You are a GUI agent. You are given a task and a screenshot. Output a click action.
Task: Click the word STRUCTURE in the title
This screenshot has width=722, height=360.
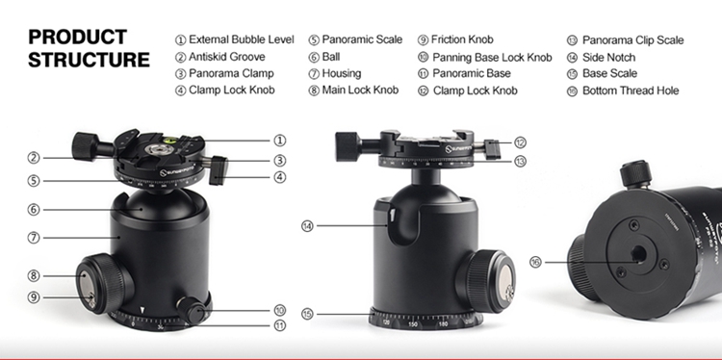89,60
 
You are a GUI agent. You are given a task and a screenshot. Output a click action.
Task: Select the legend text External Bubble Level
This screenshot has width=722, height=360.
242,39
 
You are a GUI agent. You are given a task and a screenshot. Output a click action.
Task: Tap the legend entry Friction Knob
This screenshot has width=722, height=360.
462,39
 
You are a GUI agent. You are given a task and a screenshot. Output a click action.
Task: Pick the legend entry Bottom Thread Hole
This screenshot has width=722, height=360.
631,90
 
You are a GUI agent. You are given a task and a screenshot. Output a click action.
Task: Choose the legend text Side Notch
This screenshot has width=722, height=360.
608,58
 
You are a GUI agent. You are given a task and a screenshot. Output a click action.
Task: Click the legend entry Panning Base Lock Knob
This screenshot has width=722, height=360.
492,58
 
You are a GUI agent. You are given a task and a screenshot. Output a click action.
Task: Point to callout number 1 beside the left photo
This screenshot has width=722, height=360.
279,141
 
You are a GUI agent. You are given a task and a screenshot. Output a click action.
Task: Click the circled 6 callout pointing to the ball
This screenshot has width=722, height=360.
33,210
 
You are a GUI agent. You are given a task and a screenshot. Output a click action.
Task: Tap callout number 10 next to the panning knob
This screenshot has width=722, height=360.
279,310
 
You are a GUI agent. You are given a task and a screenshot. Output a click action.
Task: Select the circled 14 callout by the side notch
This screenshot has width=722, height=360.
307,226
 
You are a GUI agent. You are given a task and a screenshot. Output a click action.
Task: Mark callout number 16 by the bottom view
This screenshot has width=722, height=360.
535,263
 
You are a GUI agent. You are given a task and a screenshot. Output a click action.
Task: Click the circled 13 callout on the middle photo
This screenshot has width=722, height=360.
520,161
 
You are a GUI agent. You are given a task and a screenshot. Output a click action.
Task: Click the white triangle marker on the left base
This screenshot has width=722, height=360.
142,311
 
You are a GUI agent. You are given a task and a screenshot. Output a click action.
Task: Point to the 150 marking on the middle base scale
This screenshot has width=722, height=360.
413,324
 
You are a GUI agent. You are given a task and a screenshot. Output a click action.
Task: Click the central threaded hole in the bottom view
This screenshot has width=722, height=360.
638,253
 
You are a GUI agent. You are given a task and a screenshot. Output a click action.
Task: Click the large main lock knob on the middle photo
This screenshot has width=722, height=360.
486,281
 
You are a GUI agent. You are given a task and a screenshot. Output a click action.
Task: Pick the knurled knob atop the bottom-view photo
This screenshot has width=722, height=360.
635,174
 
